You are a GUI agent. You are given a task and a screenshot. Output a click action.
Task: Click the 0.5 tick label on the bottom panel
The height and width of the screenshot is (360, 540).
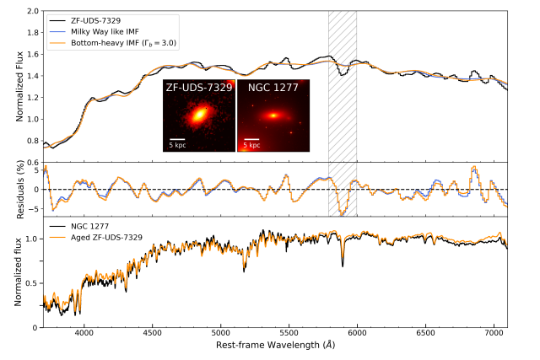(31, 283)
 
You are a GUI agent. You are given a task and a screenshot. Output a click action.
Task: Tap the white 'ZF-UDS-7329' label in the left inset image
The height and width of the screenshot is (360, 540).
(199, 87)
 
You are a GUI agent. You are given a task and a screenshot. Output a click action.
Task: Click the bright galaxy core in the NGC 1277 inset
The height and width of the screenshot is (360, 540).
(273, 116)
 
